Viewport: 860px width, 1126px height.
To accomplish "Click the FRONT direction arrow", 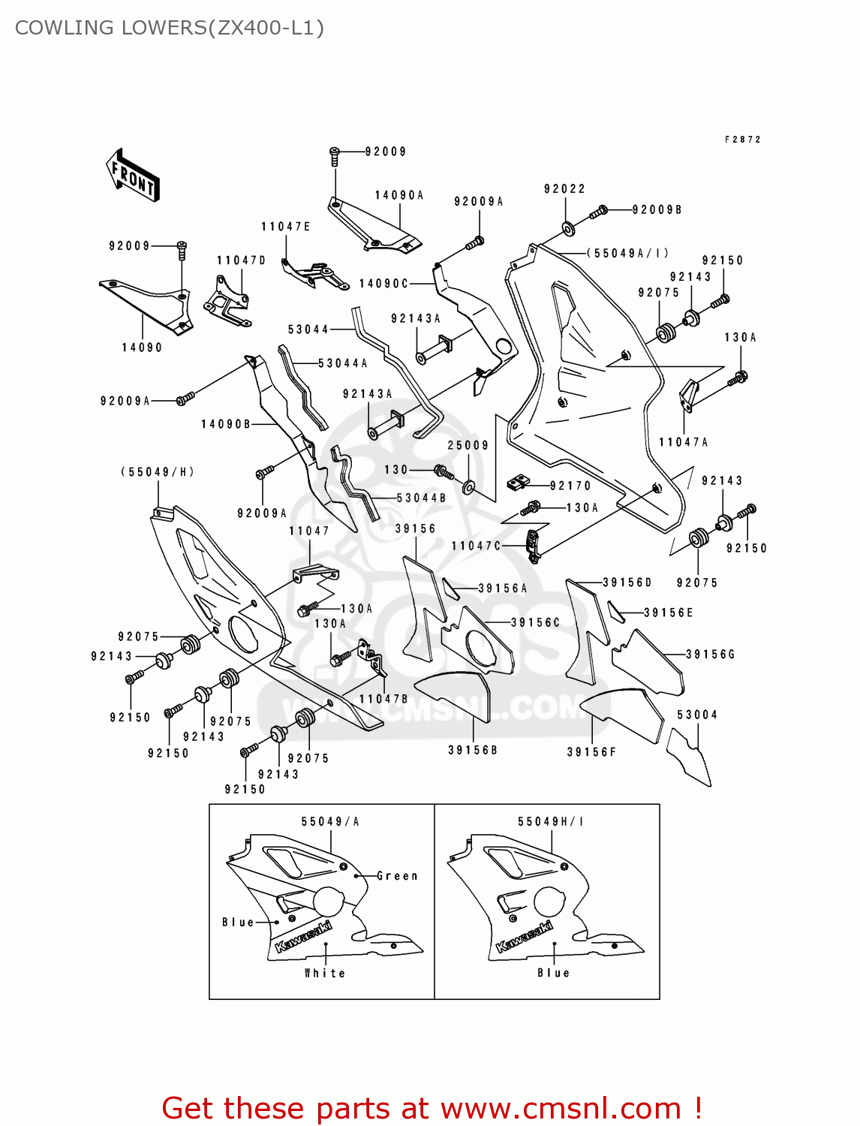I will coord(133,174).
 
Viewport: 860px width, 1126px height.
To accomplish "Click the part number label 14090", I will coord(142,348).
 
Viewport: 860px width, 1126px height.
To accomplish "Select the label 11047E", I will coord(286,227).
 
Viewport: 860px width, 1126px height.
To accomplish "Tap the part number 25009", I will coord(468,445).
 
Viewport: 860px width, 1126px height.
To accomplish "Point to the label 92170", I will coord(570,486).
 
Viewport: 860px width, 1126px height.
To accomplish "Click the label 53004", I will coord(697,715).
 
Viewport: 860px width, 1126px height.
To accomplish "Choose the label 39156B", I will coord(473,750).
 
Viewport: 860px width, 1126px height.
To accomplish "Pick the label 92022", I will coord(564,189).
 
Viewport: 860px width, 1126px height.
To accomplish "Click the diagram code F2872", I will coord(743,140).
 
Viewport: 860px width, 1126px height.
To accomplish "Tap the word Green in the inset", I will coord(397,876).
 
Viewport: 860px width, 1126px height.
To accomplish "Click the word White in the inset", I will coord(325,973).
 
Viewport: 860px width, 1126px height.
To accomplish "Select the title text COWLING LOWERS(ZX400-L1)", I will coord(170,28).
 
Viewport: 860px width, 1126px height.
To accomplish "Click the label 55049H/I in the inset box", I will coord(551,822).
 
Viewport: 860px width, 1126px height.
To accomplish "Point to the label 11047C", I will coord(476,546).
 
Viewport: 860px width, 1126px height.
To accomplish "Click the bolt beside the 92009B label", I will coord(598,212).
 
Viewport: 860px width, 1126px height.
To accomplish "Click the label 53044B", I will coord(421,498).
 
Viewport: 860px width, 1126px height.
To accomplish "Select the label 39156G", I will coord(710,655).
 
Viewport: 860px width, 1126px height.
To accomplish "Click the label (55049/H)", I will coord(158,472).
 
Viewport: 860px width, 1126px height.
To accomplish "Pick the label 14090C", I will coord(383,284).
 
